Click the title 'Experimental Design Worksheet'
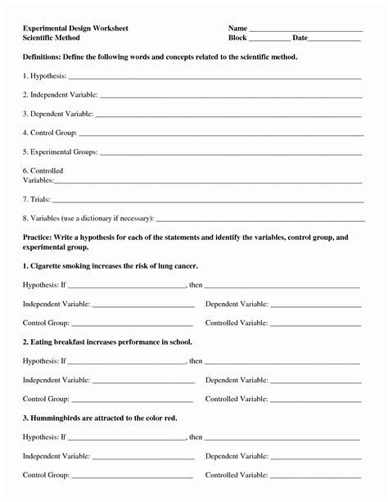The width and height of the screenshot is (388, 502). point(75,29)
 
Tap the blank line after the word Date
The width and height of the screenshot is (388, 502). point(336,39)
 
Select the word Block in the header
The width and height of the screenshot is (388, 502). point(237,38)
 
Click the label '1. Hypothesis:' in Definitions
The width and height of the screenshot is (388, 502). point(44,75)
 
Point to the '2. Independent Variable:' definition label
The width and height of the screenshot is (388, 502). point(60,94)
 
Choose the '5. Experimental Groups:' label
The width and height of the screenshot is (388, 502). point(61,152)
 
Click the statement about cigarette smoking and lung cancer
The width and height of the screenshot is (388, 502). point(111,266)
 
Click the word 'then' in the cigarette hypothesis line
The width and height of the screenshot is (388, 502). point(195,285)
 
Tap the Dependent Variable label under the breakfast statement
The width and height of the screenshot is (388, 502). point(237,380)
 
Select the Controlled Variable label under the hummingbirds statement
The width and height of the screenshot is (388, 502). point(237,475)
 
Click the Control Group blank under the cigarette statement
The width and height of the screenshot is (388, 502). point(133,324)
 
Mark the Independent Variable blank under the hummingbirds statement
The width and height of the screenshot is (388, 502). point(143,457)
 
